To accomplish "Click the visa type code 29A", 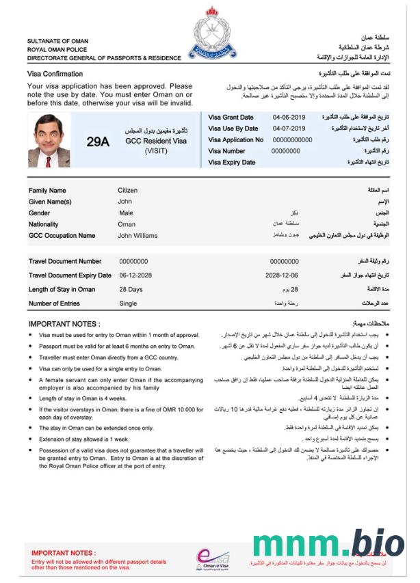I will (98, 141).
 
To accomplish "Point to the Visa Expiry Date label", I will (231, 163).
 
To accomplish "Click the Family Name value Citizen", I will (127, 191).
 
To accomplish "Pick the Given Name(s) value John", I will (124, 202).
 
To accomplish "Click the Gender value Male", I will (126, 213).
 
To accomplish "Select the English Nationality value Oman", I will (127, 224).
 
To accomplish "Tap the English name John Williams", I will (137, 236).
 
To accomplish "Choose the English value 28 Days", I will (131, 289).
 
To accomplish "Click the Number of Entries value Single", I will (128, 303).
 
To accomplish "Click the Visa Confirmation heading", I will (55, 73).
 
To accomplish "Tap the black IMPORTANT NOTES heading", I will (64, 324).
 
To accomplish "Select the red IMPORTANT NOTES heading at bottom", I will (64, 552).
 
